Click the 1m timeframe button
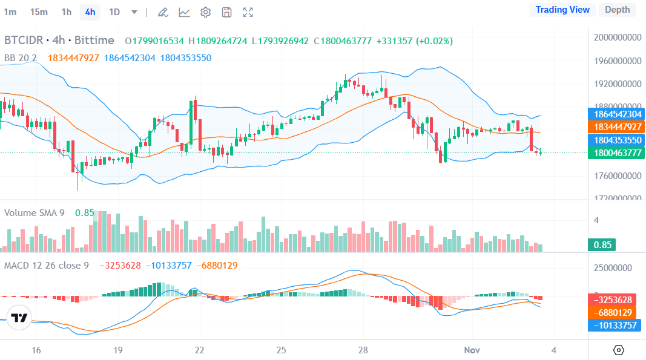coord(10,12)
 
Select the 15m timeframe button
coord(39,12)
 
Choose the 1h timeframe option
coord(67,12)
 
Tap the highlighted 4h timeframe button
coord(90,12)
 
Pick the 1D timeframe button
coord(114,12)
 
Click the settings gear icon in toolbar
coord(205,12)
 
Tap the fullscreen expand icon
coord(248,12)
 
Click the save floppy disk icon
coord(226,12)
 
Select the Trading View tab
coord(562,10)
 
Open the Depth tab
coord(617,10)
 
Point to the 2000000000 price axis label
coord(617,38)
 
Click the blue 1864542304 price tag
coord(617,114)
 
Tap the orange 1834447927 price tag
coord(617,127)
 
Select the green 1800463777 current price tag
coord(617,153)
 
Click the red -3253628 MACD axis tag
coord(617,300)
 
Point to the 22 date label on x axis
coord(200,350)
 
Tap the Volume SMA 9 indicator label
coord(35,213)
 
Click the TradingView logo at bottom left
coord(19,318)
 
